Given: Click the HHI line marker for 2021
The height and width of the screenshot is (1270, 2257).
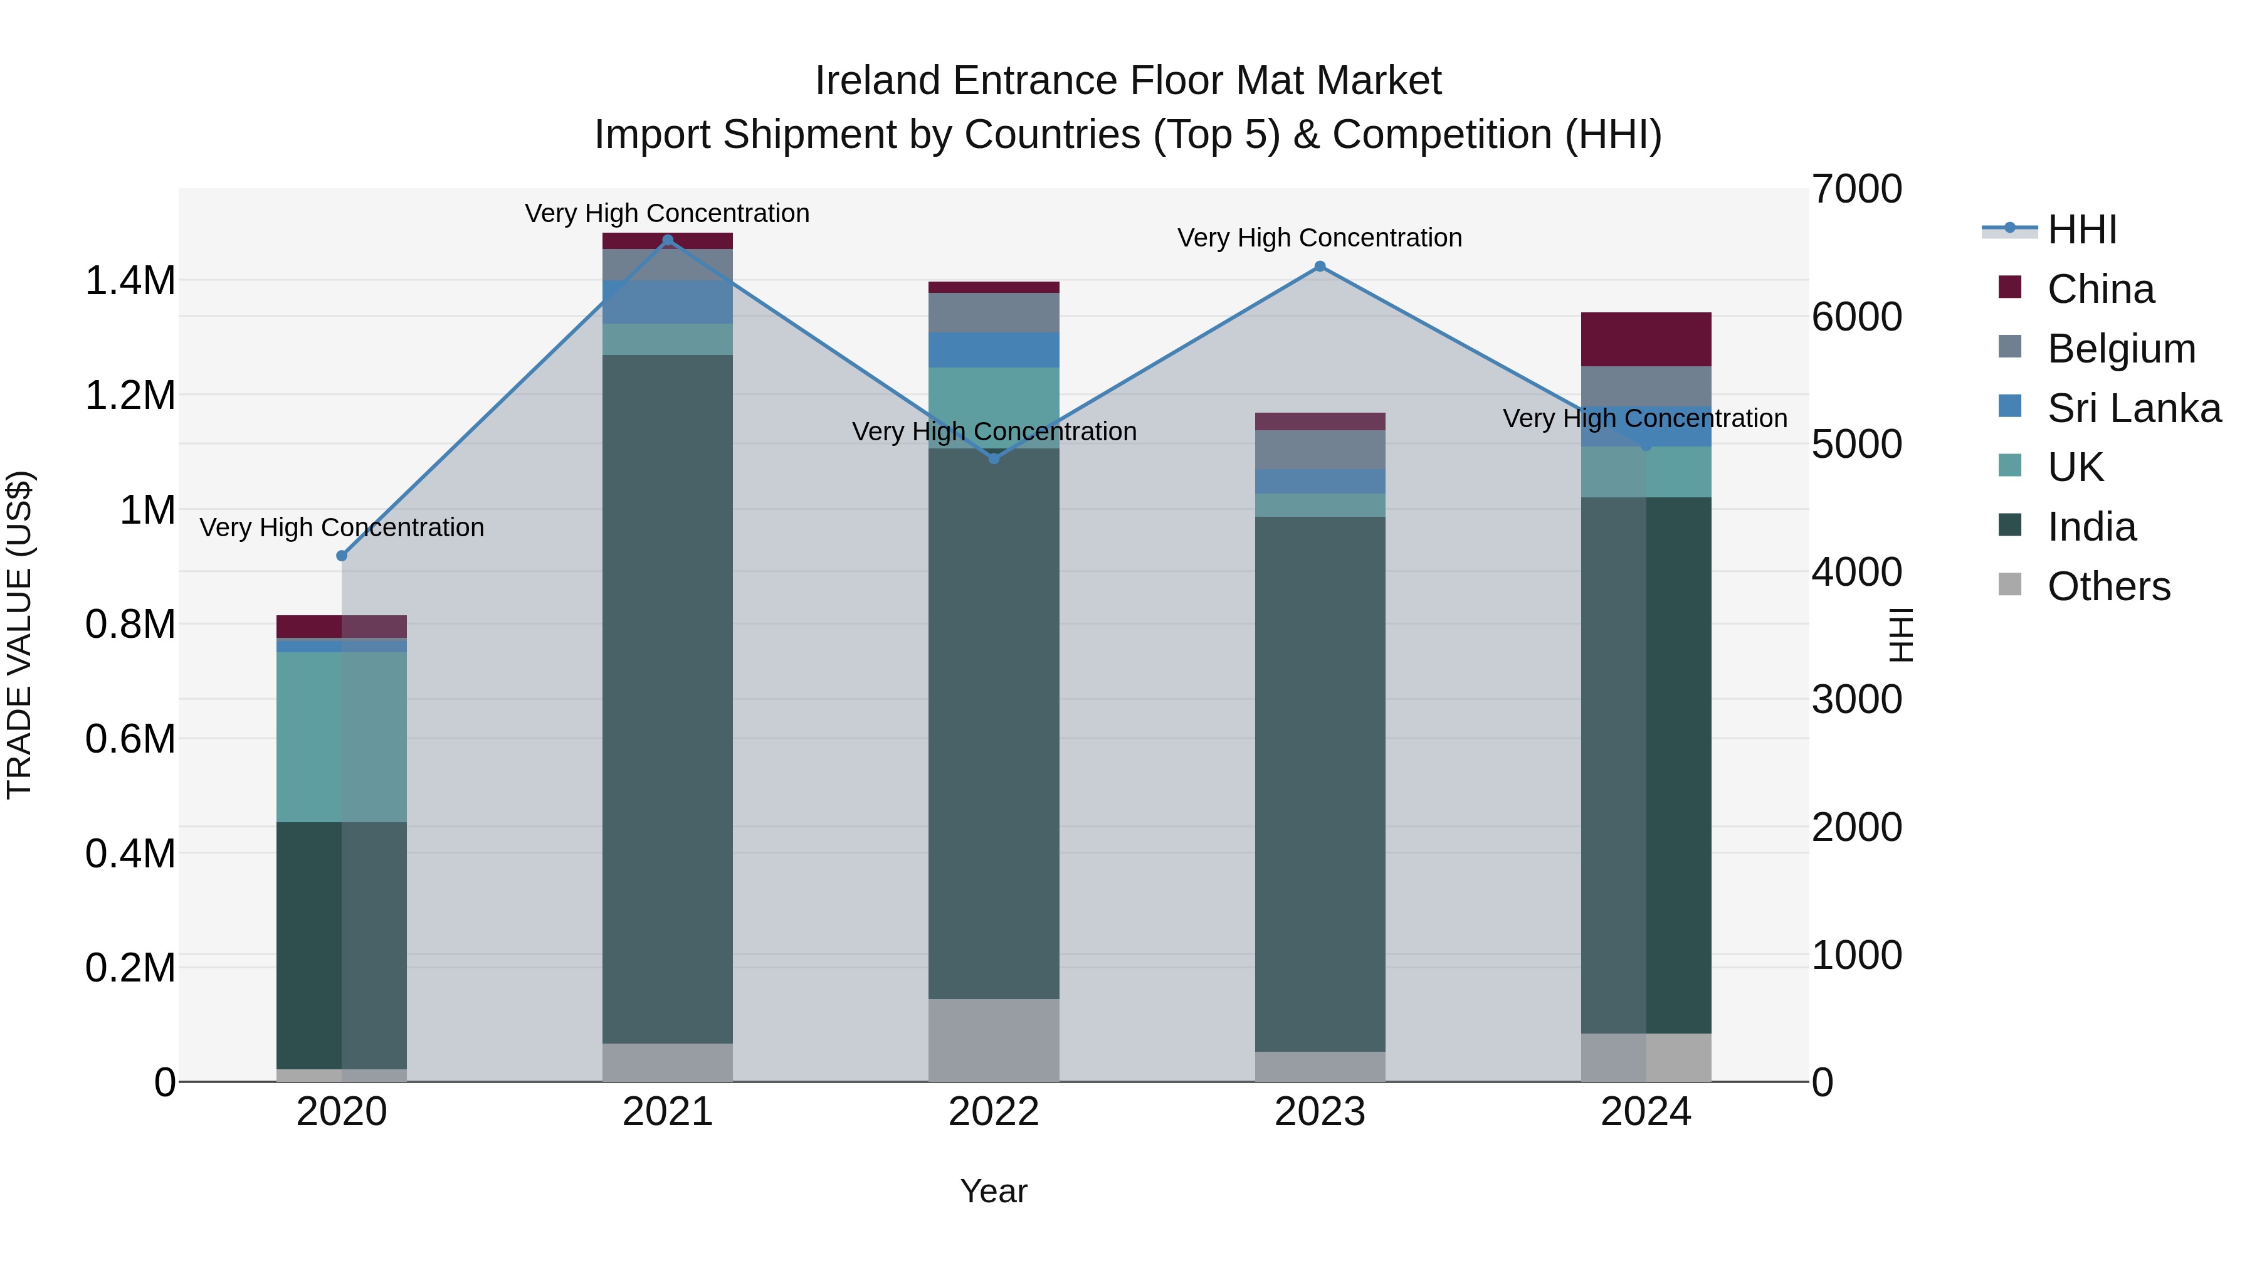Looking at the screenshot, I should [x=668, y=240].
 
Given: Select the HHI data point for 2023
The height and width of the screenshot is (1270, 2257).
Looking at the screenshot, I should [x=1320, y=267].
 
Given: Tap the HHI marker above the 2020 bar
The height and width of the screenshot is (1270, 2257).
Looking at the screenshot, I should [x=342, y=556].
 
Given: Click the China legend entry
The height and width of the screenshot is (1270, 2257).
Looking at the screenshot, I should [x=2100, y=289].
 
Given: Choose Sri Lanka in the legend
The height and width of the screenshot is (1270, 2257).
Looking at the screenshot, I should [x=2133, y=408].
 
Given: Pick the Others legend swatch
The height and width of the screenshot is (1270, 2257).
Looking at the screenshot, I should [x=2010, y=585].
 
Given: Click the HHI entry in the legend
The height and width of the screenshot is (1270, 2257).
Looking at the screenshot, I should [x=2081, y=230].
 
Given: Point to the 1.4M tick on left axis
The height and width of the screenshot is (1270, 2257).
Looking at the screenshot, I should [x=130, y=282].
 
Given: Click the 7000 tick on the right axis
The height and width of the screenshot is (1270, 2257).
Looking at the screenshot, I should [x=1856, y=189].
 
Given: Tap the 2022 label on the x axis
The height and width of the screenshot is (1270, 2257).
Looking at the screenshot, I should [x=994, y=1112].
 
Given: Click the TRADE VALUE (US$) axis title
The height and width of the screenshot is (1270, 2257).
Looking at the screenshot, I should [x=19, y=635].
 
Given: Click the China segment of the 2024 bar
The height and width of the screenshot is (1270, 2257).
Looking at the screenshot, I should [x=1646, y=339].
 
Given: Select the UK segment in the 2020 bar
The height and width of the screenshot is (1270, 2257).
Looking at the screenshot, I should [x=342, y=736].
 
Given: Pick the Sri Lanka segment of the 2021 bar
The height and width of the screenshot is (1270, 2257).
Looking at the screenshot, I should [x=668, y=302].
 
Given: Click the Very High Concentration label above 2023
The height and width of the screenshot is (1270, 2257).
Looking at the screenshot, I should [x=1320, y=238].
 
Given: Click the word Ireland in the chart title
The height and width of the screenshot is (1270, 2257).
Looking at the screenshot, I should [x=879, y=81].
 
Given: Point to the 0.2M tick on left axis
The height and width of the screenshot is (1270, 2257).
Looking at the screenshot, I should [x=130, y=968].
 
